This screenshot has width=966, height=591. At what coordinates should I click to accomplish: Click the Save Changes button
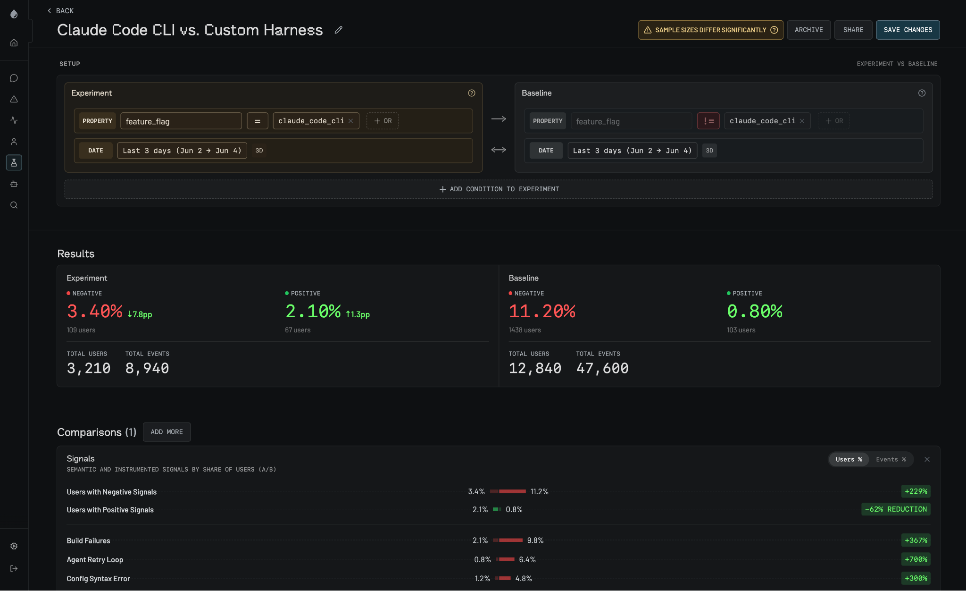pos(908,30)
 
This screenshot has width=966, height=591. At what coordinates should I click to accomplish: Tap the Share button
pos(853,30)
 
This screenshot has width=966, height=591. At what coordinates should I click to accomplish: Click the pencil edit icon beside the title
pos(338,30)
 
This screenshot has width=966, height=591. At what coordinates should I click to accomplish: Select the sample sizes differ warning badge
pos(710,30)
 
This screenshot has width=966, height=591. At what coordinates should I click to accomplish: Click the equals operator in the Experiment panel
pos(258,121)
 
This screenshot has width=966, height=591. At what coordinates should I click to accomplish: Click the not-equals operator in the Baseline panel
pos(708,121)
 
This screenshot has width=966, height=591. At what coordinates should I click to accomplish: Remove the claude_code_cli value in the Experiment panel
pos(351,121)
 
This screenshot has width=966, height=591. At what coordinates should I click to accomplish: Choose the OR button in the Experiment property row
pos(383,121)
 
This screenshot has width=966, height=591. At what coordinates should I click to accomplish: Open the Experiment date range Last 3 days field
pos(182,151)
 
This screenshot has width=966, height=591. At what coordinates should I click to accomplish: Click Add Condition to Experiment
pos(499,189)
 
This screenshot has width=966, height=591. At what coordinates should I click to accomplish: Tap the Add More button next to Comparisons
pos(167,432)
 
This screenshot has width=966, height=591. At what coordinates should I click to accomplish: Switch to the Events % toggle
pos(891,459)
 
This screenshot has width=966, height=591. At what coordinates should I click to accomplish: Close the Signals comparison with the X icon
pos(927,459)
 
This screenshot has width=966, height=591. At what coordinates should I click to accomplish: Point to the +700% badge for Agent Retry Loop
pos(916,559)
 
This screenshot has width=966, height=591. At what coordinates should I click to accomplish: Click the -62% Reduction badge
pos(896,509)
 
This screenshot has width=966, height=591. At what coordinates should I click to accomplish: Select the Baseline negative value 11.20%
pos(542,311)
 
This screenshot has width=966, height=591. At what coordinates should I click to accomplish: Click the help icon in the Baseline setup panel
pos(922,93)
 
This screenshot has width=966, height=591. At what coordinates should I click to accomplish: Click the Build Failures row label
pos(88,540)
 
